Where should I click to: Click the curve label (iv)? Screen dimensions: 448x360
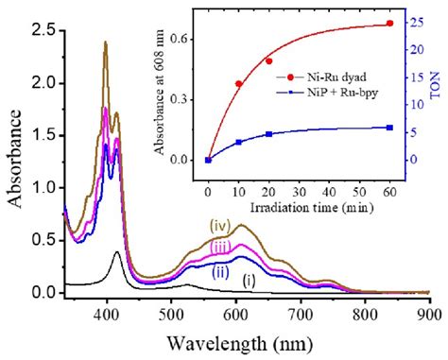(x=220, y=226)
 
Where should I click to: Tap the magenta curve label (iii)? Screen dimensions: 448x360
(x=220, y=247)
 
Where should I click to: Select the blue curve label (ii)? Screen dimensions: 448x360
(x=220, y=272)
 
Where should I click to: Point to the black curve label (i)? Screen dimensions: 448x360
(x=249, y=281)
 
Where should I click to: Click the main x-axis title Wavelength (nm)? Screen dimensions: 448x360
(x=239, y=344)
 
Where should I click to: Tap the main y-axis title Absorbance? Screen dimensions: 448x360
(x=15, y=159)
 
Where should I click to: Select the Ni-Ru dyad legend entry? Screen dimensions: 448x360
(x=321, y=77)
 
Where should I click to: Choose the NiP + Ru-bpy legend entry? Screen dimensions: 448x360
(x=327, y=93)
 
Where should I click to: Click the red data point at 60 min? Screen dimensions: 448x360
(x=390, y=24)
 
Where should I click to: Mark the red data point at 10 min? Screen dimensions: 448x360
(x=238, y=84)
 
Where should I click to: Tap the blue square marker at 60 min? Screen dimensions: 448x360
(x=389, y=128)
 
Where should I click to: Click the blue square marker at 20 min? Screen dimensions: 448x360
(x=268, y=134)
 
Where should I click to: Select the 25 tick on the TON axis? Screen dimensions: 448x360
(x=417, y=23)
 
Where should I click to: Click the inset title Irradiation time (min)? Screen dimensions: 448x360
(x=312, y=208)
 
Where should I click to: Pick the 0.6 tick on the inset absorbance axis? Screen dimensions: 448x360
(x=178, y=40)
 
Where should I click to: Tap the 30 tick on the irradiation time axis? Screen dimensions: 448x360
(x=299, y=192)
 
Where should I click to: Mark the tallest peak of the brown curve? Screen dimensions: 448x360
(x=105, y=42)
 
